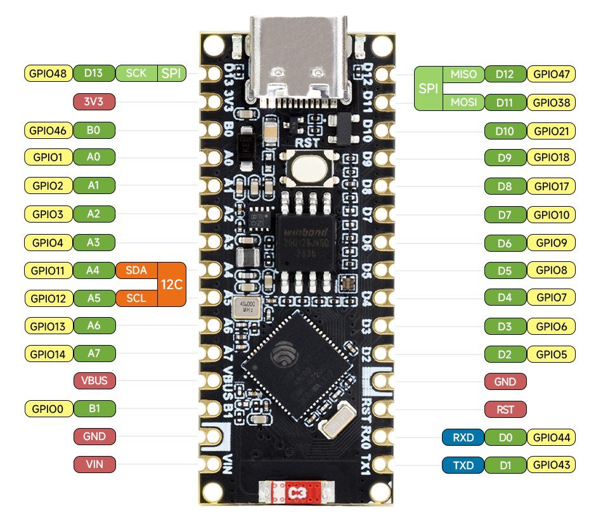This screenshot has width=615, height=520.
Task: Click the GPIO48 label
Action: (48, 74)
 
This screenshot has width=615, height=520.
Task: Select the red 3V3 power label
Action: (94, 101)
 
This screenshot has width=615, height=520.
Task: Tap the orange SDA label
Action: (136, 270)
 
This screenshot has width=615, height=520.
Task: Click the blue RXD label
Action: (463, 437)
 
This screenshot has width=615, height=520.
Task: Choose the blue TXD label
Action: (463, 465)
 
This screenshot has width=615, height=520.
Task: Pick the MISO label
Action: (463, 74)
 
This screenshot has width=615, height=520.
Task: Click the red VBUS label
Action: (94, 381)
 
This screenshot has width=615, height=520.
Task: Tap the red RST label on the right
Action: (505, 409)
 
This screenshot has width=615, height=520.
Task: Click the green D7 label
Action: (505, 215)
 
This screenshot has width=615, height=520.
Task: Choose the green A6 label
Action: (94, 325)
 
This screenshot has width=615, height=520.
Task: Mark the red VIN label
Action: (94, 465)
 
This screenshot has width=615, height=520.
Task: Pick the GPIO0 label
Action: (48, 409)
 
